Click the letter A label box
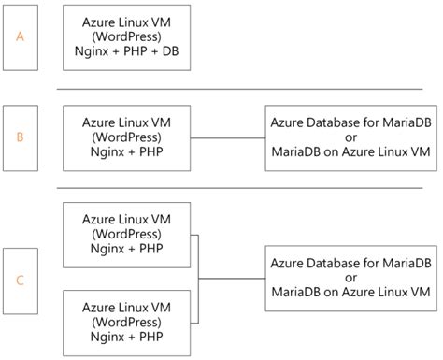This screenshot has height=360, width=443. coord(21,37)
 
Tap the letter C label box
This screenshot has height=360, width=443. coord(21,280)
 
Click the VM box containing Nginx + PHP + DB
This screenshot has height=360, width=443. coord(126,38)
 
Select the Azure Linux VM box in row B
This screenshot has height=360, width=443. coord(126,137)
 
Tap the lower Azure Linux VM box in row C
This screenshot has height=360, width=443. coord(126,321)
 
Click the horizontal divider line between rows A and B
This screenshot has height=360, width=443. coord(248,89)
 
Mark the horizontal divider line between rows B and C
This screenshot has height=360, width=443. coord(248,187)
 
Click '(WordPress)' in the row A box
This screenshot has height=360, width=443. coord(126,38)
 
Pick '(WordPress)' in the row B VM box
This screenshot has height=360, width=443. coord(126,137)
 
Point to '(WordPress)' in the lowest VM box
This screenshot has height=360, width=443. coord(126,321)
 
